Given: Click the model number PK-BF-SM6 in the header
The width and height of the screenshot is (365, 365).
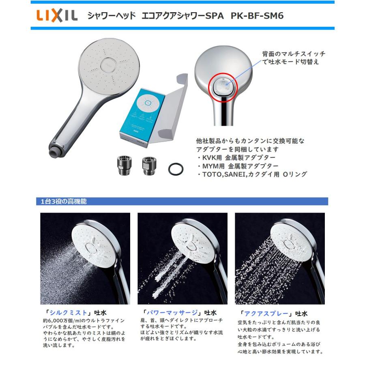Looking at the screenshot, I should pyautogui.click(x=257, y=16).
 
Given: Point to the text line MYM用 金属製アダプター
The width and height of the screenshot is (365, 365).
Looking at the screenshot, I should pyautogui.click(x=237, y=166).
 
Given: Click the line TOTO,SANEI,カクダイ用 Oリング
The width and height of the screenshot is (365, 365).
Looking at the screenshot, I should pyautogui.click(x=251, y=174).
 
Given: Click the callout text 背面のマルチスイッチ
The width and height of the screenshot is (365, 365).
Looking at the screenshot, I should pyautogui.click(x=293, y=54).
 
